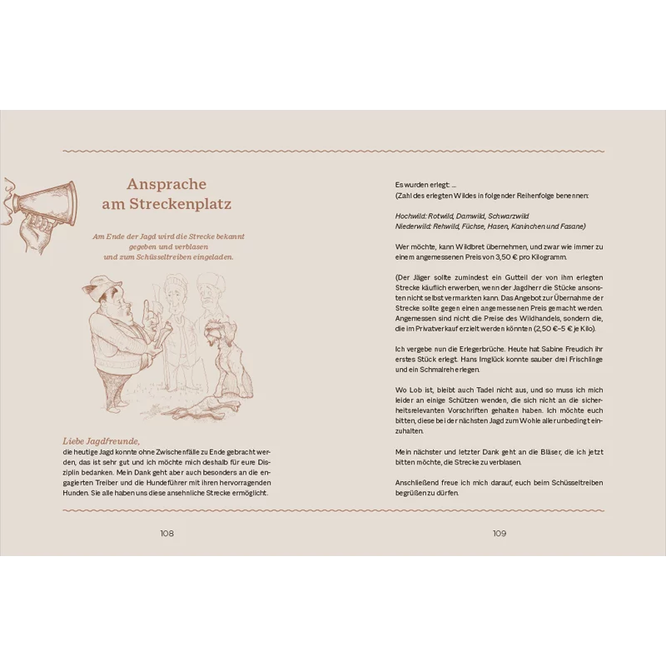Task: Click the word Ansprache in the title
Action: point(166,184)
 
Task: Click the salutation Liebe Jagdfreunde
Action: point(101,440)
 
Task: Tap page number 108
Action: point(166,534)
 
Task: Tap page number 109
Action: point(499,534)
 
